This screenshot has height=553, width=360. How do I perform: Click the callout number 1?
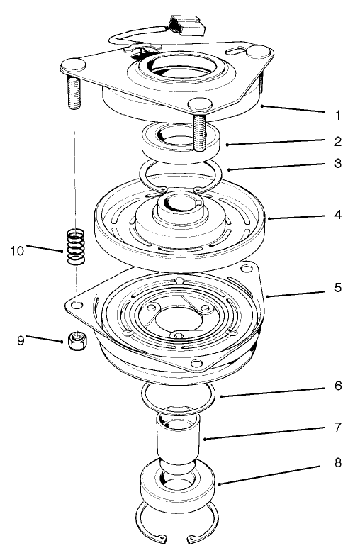coord(337,113)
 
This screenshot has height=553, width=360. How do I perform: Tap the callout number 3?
coord(337,163)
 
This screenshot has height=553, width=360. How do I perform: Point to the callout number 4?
coord(337,213)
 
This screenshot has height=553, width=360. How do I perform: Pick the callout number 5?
coord(337,289)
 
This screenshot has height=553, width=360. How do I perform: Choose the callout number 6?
coord(337,386)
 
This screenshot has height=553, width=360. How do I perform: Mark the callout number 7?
coord(337,428)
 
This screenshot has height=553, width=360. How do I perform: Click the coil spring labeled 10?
coord(76,247)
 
